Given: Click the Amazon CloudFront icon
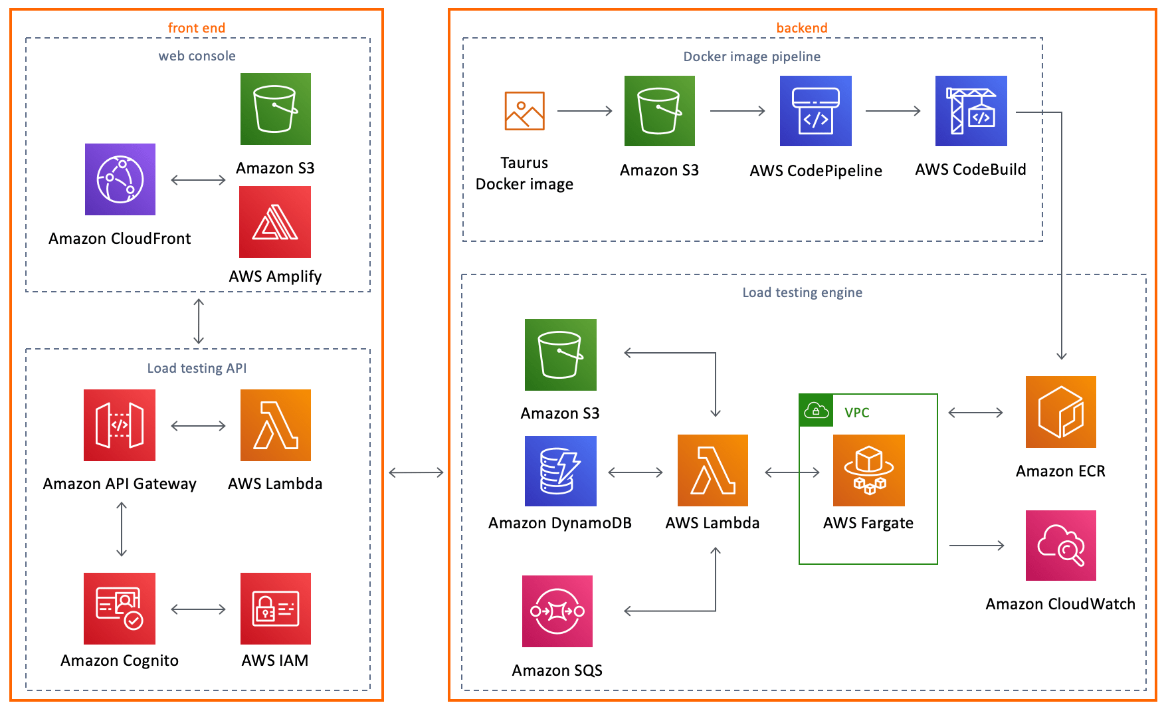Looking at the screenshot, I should click(x=120, y=179).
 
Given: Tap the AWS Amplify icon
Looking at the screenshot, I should click(x=275, y=222).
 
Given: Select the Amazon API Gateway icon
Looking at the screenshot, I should click(x=120, y=425).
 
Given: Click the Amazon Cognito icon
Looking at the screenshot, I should click(x=120, y=609).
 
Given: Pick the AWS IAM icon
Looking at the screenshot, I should click(x=275, y=609).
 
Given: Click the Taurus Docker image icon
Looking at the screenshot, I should click(x=524, y=111).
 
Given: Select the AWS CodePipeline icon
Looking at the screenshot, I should click(x=815, y=111).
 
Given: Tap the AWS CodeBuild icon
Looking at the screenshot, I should click(x=971, y=111).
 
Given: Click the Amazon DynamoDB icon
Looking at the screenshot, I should click(x=560, y=471).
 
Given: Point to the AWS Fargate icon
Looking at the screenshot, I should click(x=868, y=470).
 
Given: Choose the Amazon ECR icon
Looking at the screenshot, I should click(x=1060, y=412).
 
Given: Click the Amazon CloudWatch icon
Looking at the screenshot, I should click(x=1060, y=546).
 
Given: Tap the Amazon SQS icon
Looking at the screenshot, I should click(x=557, y=611).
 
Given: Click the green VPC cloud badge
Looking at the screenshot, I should click(x=816, y=411).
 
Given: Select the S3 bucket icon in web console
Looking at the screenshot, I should click(x=275, y=109).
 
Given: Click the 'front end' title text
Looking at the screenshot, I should click(x=197, y=28).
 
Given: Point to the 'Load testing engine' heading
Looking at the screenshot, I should click(x=802, y=292).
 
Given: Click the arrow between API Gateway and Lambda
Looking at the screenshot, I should click(x=198, y=426).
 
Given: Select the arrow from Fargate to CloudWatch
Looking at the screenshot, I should click(x=977, y=546).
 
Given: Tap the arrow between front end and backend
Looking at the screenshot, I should click(x=416, y=472).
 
